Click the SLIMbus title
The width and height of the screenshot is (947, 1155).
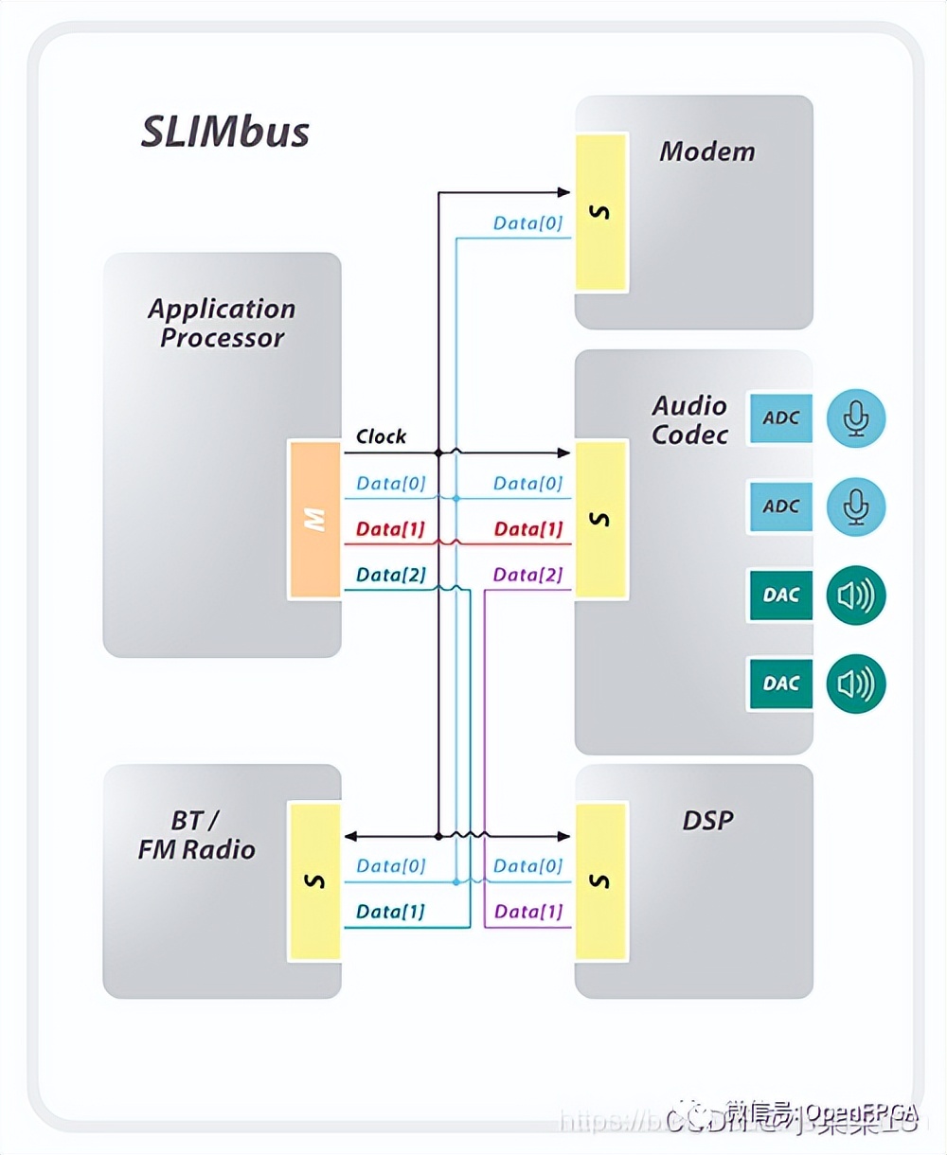(225, 132)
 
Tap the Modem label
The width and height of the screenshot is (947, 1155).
(707, 151)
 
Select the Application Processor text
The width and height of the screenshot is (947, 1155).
(222, 323)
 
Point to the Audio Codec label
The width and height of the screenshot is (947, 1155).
(690, 420)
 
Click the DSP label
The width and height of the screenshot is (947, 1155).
(707, 820)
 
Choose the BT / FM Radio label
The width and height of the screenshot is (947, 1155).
(196, 835)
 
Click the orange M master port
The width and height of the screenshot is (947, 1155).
(314, 519)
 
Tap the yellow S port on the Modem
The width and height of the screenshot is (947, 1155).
(600, 212)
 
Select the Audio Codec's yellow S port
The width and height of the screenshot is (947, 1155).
(600, 519)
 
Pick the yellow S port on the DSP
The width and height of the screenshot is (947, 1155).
(600, 881)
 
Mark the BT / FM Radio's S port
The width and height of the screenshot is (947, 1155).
(314, 881)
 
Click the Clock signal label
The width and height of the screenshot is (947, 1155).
(381, 436)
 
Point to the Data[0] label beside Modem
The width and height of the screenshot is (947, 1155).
(527, 223)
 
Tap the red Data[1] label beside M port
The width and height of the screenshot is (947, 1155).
(390, 529)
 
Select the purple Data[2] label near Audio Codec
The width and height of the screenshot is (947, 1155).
(527, 575)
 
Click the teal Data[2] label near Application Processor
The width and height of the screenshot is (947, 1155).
(390, 575)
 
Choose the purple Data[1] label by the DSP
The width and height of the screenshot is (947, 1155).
(527, 912)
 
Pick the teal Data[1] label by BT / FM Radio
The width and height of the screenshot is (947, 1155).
(390, 912)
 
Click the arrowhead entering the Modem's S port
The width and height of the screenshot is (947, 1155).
(563, 192)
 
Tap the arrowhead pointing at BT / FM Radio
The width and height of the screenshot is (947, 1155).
(350, 836)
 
